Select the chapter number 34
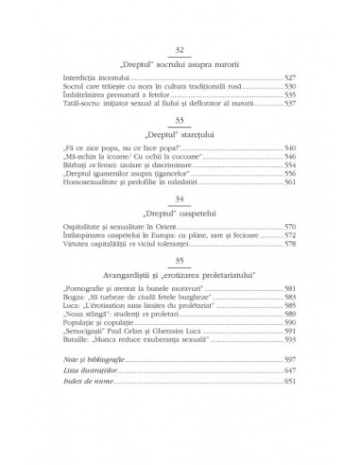pos(180,200)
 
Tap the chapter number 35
pos(180,261)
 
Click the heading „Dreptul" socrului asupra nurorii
pos(180,63)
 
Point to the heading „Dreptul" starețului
pos(180,139)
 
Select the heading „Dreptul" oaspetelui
pos(180,215)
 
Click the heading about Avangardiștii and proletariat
pos(180,276)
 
